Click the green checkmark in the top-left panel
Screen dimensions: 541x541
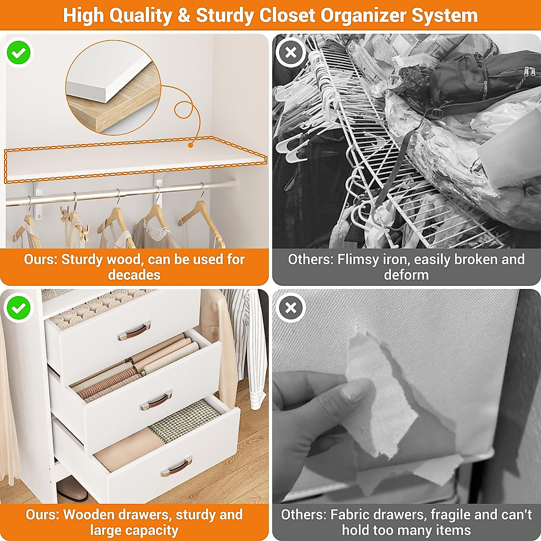tap(19, 53)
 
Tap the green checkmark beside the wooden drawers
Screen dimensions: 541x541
tap(18, 308)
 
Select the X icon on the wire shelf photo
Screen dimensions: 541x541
tap(291, 53)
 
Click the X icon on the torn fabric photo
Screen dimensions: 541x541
tap(291, 308)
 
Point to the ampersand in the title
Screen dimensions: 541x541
tap(184, 15)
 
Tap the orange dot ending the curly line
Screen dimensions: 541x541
tap(191, 145)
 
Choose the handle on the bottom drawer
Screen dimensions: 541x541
tap(176, 467)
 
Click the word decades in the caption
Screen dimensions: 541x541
tap(134, 275)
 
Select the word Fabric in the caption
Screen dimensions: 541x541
tap(353, 514)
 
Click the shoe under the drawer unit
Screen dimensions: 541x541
tap(72, 490)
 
